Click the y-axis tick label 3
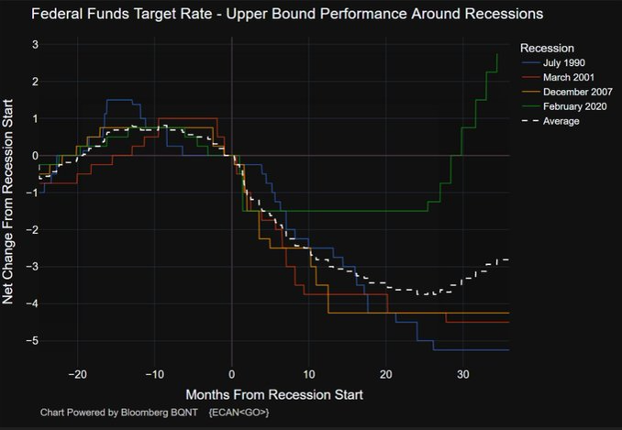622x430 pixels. tap(34, 45)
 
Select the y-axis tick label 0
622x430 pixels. tap(34, 156)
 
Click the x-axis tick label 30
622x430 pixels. tap(463, 374)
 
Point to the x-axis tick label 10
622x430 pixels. tap(308, 374)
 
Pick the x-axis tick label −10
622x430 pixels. tap(153, 374)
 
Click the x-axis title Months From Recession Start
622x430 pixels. tap(274, 394)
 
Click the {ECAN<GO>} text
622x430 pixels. tap(239, 413)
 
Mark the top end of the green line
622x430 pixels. tap(497, 54)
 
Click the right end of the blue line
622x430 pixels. tap(508, 349)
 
